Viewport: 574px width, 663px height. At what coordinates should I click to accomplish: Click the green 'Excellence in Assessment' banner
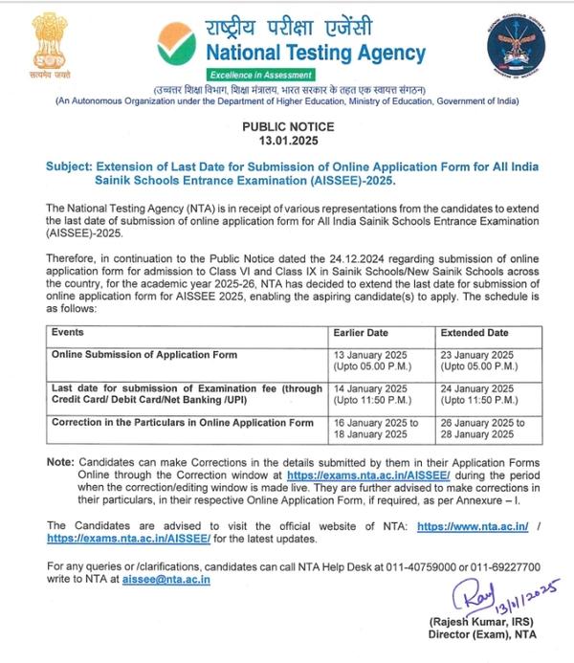pyautogui.click(x=259, y=75)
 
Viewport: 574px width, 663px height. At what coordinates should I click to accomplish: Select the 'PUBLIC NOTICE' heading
pyautogui.click(x=287, y=126)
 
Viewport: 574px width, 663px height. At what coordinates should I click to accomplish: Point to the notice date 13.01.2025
pyautogui.click(x=287, y=140)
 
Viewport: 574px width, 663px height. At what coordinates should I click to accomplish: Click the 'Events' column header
pyautogui.click(x=68, y=332)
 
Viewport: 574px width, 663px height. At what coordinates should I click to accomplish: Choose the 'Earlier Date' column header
pyautogui.click(x=359, y=332)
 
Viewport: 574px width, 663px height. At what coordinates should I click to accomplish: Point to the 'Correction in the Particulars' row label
pyautogui.click(x=183, y=422)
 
